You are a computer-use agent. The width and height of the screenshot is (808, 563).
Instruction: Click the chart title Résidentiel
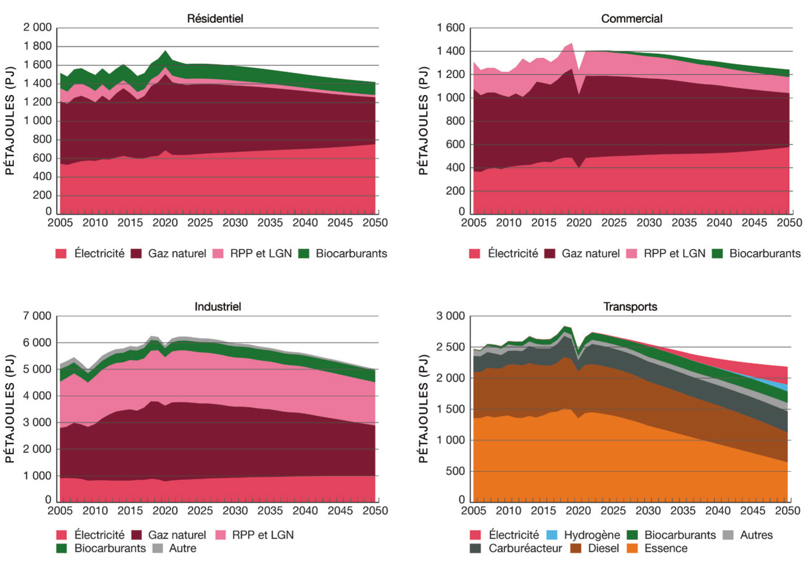point(215,19)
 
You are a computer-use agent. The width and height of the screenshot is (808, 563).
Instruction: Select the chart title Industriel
point(217,307)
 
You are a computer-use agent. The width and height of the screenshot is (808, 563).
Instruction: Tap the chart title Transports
point(630,307)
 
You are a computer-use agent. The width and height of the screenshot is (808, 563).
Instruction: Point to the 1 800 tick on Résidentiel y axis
point(37,46)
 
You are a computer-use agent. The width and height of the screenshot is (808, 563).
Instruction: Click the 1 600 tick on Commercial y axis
point(450,27)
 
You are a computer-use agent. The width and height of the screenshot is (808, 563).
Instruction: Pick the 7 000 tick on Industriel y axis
point(37,316)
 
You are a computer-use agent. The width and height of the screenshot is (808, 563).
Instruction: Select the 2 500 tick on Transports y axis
point(450,347)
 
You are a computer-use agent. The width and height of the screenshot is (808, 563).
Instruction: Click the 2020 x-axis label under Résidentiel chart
point(165,223)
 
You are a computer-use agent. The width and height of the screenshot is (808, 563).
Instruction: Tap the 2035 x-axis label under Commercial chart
point(684,223)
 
